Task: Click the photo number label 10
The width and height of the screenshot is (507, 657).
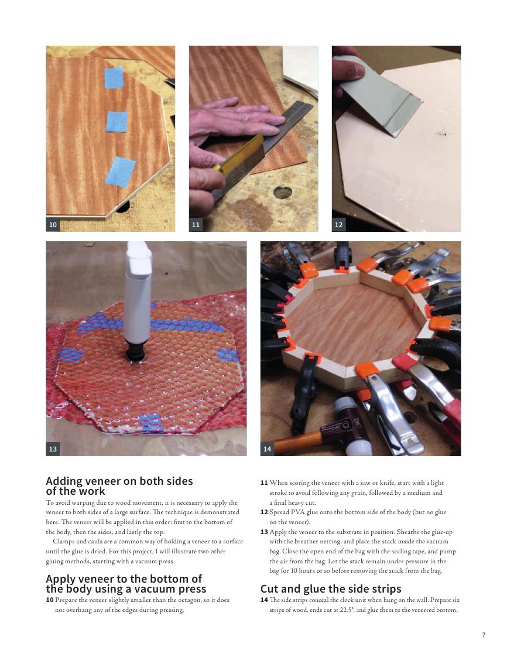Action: (53, 225)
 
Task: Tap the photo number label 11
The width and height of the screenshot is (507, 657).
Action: (196, 225)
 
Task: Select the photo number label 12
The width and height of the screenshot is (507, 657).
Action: (338, 225)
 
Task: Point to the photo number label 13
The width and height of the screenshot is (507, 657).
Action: (53, 449)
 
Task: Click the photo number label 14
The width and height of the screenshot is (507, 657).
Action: (268, 449)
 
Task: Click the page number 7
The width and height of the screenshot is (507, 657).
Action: (484, 635)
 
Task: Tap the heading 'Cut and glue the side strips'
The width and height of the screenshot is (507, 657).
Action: (331, 588)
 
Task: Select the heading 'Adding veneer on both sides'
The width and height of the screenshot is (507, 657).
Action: (119, 481)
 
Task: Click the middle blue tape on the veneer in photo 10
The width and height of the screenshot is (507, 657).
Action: (117, 122)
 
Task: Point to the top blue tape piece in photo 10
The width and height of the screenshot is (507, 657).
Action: (114, 77)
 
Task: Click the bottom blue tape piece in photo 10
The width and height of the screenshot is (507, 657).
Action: (120, 172)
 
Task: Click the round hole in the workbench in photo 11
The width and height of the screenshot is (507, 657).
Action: (282, 193)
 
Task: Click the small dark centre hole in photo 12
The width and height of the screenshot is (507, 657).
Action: (444, 135)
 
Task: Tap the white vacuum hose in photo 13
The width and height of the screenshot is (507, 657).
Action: (138, 293)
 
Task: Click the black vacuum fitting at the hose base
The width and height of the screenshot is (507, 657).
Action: (136, 354)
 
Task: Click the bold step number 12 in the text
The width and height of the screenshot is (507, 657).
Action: (264, 512)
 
